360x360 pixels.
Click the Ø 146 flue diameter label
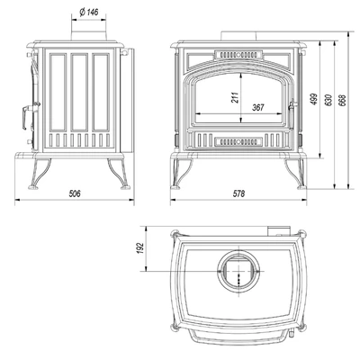(x=89, y=13)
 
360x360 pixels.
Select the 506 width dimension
(x=75, y=193)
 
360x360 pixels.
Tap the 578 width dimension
(x=238, y=193)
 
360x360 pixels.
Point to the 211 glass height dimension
(x=236, y=97)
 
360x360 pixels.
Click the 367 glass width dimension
(x=257, y=108)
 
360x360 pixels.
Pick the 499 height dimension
(x=314, y=98)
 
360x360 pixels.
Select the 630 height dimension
(x=328, y=100)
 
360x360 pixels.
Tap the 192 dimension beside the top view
(x=140, y=248)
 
